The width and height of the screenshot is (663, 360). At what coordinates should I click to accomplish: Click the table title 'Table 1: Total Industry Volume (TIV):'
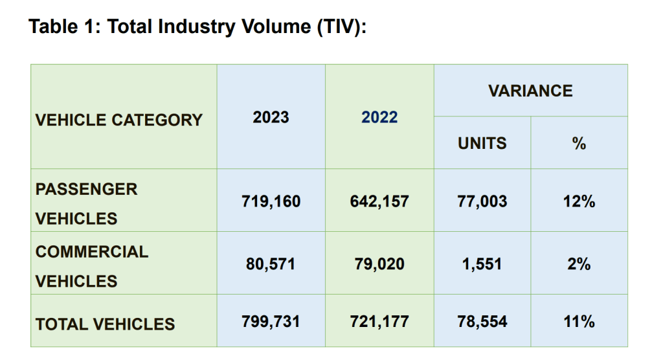[x=197, y=27]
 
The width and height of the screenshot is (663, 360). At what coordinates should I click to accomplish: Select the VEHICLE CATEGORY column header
[x=119, y=120]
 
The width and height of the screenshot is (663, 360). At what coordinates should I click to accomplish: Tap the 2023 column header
[x=271, y=117]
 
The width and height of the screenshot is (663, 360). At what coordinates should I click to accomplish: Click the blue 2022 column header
[x=379, y=117]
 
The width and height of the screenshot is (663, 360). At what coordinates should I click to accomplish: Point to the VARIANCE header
[x=530, y=91]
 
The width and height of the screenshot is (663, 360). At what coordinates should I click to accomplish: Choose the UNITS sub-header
[x=482, y=143]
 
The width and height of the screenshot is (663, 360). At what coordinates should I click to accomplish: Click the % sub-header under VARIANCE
[x=579, y=144]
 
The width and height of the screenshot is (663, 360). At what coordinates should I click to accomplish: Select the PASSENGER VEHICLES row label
[x=87, y=203]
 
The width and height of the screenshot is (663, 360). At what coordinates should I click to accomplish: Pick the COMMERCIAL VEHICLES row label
[x=92, y=266]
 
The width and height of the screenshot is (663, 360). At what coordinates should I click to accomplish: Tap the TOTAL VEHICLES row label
[x=105, y=324]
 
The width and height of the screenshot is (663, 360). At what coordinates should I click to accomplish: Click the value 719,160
[x=271, y=201]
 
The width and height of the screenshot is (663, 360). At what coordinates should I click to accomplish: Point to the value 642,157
[x=379, y=201]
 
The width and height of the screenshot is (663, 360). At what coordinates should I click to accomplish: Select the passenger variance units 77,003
[x=482, y=201]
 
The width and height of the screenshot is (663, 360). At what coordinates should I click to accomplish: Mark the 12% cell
[x=579, y=201]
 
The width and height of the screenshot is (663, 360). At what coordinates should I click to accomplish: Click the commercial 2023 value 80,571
[x=271, y=264]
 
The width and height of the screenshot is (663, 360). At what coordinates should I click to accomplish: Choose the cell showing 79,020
[x=379, y=264]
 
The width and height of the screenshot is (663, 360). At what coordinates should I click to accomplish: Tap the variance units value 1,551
[x=482, y=264]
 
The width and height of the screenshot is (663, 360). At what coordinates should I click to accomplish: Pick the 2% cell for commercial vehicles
[x=579, y=264]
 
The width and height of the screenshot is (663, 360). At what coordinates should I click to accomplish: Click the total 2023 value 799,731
[x=271, y=322]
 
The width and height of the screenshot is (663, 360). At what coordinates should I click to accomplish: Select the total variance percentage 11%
[x=579, y=322]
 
